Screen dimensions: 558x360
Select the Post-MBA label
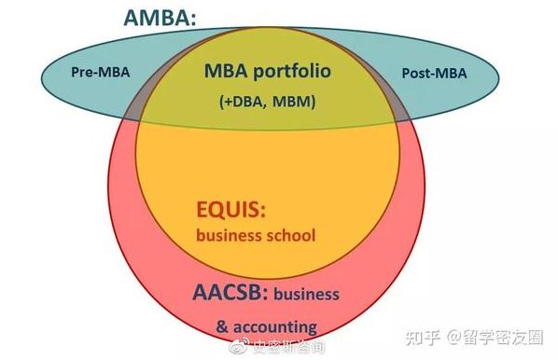click(434, 73)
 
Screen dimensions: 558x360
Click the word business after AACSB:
click(307, 295)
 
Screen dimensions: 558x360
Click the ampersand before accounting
click(222, 326)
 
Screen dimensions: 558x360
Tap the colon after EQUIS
click(273, 210)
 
